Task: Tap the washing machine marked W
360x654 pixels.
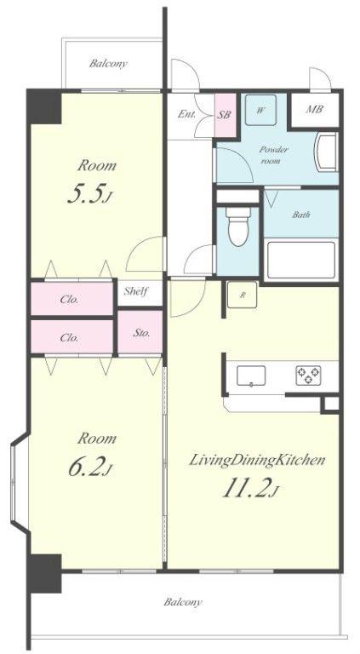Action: point(260,110)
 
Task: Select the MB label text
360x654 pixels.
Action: point(315,110)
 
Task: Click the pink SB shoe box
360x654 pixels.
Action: point(224,115)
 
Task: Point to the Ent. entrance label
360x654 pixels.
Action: point(186,114)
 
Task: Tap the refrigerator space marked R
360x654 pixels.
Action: point(242,295)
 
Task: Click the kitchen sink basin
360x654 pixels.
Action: point(251,376)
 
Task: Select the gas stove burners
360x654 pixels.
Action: point(308,376)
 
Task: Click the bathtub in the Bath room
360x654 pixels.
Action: point(300,260)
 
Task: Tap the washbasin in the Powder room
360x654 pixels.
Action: point(328,152)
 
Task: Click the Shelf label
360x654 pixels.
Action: point(136,291)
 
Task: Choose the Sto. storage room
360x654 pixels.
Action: point(140,332)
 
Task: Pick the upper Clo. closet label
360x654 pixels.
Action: point(69,299)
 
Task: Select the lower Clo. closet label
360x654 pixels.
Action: point(69,337)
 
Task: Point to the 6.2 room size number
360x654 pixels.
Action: point(89,468)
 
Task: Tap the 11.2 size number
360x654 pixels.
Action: point(250,489)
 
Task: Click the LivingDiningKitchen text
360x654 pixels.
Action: point(258,461)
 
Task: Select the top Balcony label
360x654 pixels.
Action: point(108,64)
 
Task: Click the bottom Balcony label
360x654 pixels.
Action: point(183,602)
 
